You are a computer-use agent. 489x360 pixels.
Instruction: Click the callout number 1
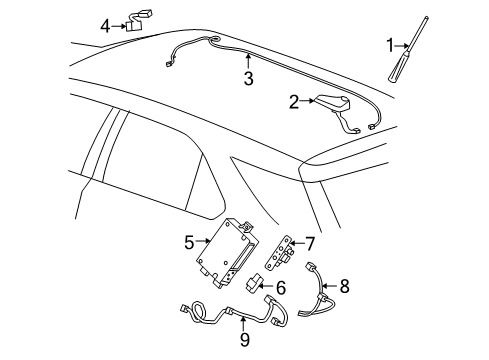point(391,45)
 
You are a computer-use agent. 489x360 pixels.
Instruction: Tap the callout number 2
point(294,100)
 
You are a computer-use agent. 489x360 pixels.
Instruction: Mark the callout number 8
point(344,286)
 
